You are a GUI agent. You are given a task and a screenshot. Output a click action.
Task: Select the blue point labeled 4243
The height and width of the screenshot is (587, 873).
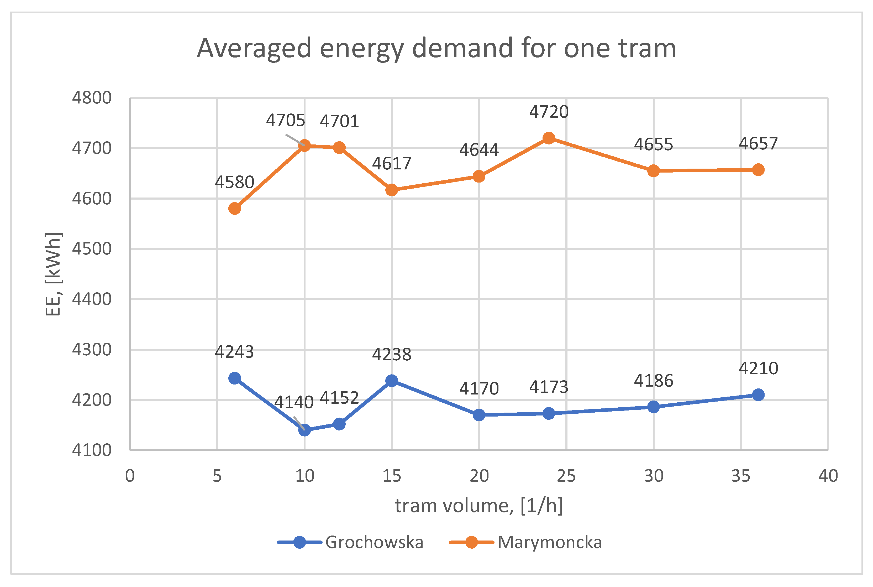click(234, 378)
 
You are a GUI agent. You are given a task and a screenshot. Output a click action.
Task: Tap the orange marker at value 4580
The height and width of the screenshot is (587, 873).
click(234, 209)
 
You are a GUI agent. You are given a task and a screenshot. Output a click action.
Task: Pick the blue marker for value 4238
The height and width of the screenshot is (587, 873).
click(392, 381)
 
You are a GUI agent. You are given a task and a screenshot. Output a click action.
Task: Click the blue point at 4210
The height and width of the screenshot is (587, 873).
click(758, 394)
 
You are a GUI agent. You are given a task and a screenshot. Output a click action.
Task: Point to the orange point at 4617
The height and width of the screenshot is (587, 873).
click(392, 190)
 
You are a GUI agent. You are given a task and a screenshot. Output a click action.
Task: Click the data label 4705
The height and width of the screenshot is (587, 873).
click(285, 121)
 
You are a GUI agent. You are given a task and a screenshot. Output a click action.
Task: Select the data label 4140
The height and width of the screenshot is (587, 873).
click(294, 402)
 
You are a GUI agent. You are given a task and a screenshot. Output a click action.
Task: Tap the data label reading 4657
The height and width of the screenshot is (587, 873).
click(758, 144)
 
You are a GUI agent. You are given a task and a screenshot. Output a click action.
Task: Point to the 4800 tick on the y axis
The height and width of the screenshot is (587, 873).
click(92, 98)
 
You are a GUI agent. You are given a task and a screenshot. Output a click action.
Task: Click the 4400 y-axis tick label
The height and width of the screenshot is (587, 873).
click(92, 299)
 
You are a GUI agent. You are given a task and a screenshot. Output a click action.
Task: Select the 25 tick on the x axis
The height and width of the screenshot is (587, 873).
click(566, 476)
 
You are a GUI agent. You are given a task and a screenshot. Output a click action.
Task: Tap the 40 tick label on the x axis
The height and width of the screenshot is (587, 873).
click(828, 476)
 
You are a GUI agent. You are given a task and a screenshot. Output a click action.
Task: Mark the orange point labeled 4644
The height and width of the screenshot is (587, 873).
click(479, 176)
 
